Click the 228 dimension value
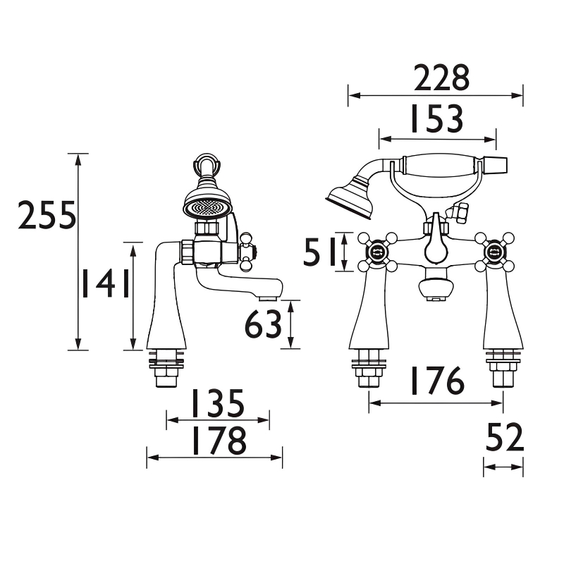tap(441, 78)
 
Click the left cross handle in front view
tap(376, 250)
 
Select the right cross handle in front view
tap(493, 250)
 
